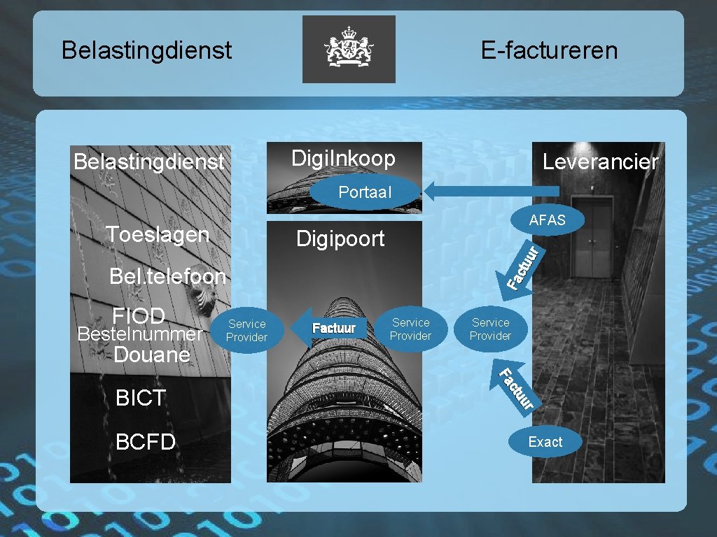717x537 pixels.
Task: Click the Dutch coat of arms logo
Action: (349, 49)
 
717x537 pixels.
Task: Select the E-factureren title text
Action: (549, 50)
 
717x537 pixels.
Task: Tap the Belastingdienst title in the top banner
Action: (146, 50)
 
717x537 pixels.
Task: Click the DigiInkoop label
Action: (343, 159)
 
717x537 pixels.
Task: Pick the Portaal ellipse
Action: (364, 192)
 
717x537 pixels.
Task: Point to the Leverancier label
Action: (600, 162)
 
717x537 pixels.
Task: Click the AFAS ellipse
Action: (547, 220)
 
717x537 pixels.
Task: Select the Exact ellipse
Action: (545, 442)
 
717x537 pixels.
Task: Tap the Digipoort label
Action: (340, 239)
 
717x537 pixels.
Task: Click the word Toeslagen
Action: (158, 234)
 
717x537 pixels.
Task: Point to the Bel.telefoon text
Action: (167, 277)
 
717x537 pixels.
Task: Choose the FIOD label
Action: (139, 316)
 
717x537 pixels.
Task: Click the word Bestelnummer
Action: (139, 334)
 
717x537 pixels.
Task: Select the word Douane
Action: (152, 355)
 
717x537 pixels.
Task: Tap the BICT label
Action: (141, 398)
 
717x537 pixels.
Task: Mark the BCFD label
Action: (145, 442)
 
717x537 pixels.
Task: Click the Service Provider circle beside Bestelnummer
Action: (246, 331)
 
